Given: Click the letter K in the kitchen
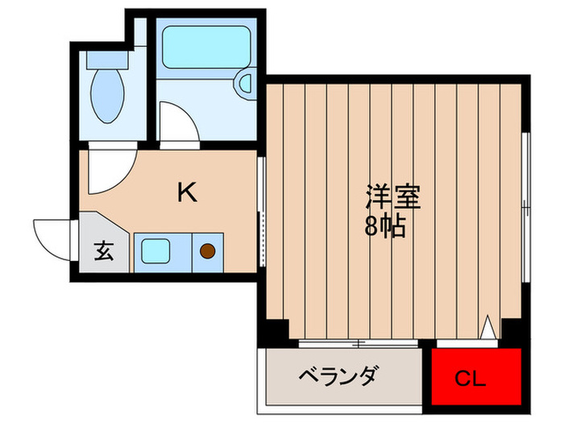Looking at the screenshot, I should pos(186,192).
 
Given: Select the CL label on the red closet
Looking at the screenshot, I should pos(470,377).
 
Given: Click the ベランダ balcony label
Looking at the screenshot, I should pos(338,375).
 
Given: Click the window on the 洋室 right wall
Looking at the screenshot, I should pos(526,205).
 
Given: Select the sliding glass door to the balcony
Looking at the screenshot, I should pos(355,344).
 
